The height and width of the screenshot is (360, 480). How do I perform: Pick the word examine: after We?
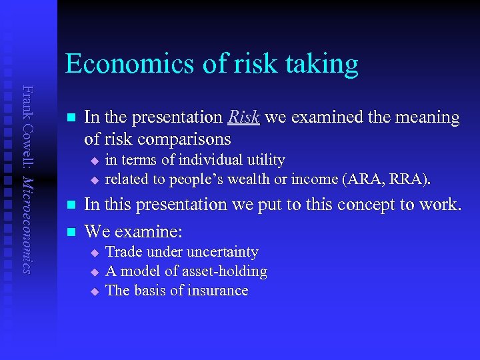pyautogui.click(x=149, y=231)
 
